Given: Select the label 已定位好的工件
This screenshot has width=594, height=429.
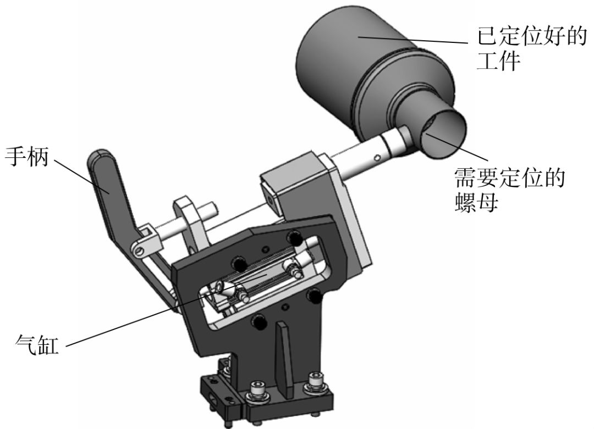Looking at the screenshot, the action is (x=525, y=52).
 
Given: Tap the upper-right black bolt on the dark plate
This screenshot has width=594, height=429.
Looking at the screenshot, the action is (x=295, y=238).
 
